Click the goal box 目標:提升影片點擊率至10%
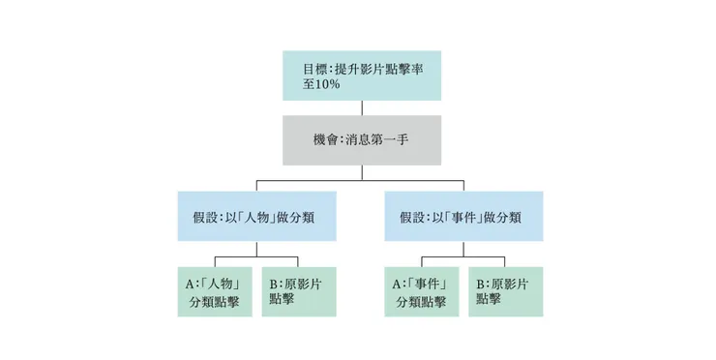(x=360, y=75)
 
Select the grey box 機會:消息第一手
(x=360, y=139)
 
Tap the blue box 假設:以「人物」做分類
(x=257, y=216)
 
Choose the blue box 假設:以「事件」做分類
(x=463, y=216)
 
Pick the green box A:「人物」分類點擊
(x=216, y=291)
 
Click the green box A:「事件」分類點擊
(x=422, y=291)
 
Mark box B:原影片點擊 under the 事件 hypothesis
(x=505, y=291)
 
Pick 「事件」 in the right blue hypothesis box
(x=472, y=217)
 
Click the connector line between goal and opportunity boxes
(x=360, y=107)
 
